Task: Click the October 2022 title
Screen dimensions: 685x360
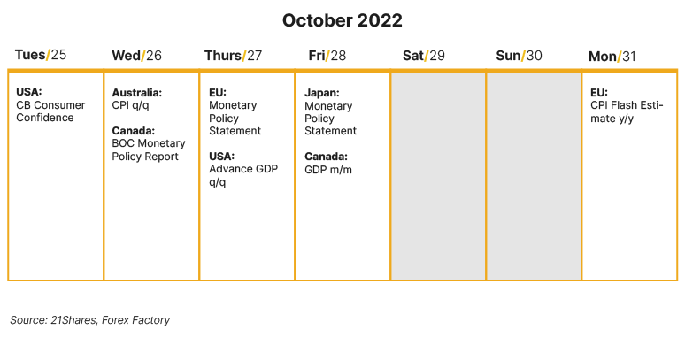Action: [342, 20]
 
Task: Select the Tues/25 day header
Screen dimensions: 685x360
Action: [41, 56]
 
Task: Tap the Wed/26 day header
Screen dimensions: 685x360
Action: [136, 56]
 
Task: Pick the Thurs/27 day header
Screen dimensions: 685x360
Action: [233, 56]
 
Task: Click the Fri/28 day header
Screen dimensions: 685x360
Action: [327, 56]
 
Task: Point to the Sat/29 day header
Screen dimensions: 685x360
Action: [424, 56]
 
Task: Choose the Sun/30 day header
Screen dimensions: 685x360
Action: [520, 56]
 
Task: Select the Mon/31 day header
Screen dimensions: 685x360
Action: [612, 57]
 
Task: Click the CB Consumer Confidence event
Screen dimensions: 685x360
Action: [50, 111]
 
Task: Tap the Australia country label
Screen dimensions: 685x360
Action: [136, 92]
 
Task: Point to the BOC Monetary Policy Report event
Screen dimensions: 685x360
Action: [149, 149]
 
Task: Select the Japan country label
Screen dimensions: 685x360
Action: [322, 92]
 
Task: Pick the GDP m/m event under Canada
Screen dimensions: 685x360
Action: [328, 169]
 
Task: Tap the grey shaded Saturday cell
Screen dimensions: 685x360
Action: [438, 176]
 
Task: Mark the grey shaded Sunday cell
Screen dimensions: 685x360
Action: [534, 176]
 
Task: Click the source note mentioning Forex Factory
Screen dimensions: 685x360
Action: [89, 320]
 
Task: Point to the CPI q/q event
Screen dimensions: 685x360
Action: [132, 105]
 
